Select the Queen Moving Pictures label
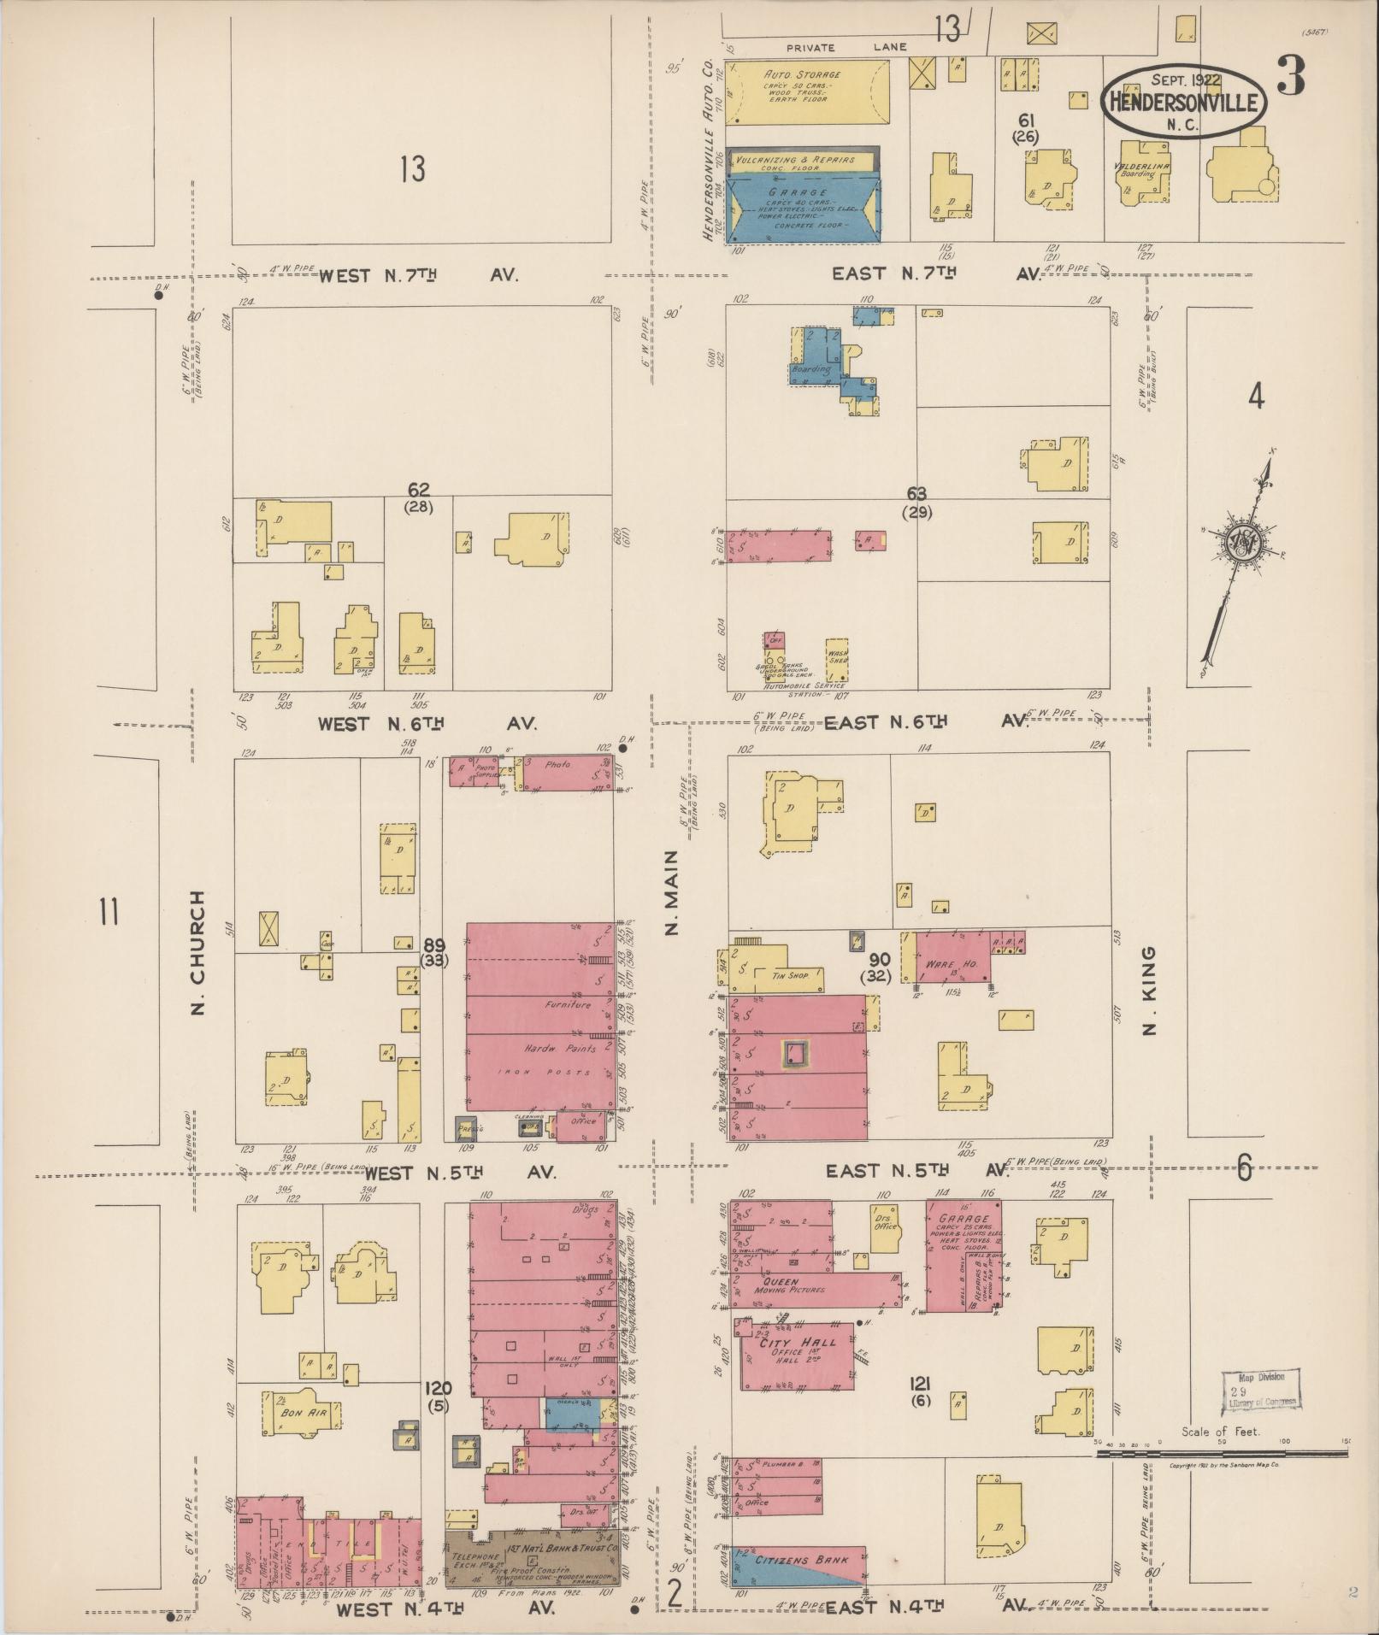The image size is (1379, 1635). (779, 1308)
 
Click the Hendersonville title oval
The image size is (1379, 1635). (1184, 103)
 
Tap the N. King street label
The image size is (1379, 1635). (1150, 990)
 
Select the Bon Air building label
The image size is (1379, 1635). (296, 1413)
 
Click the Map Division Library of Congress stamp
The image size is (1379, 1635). (1260, 1389)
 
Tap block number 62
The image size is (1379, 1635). (418, 490)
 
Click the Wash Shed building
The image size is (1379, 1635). (836, 658)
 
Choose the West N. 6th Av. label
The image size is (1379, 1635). (426, 724)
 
